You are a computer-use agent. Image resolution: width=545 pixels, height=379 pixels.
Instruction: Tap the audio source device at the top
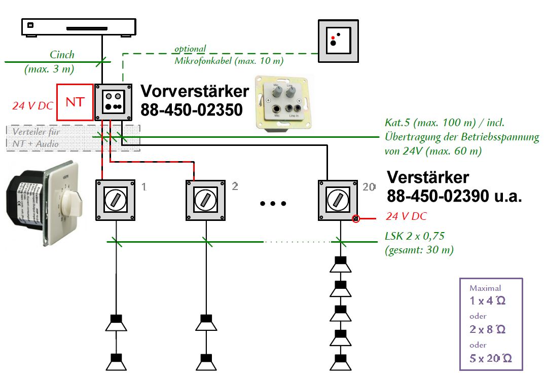pyautogui.click(x=79, y=27)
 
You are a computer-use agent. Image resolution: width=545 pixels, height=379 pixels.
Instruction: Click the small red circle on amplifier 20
pyautogui.click(x=356, y=218)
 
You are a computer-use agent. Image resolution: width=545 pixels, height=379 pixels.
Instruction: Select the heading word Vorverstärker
pyautogui.click(x=195, y=91)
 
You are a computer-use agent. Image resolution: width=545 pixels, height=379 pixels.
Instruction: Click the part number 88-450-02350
pyautogui.click(x=192, y=110)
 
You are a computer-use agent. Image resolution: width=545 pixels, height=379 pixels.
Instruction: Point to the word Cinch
pyautogui.click(x=62, y=54)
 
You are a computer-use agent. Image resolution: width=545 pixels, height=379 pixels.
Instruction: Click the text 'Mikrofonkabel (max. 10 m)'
pyautogui.click(x=229, y=60)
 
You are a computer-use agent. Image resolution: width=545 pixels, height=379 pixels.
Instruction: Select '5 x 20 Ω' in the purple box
pyautogui.click(x=490, y=359)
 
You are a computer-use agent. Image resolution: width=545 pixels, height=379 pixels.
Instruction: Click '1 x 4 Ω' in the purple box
pyautogui.click(x=487, y=300)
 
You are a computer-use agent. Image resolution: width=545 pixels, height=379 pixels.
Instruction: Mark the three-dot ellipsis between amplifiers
pyautogui.click(x=273, y=203)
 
